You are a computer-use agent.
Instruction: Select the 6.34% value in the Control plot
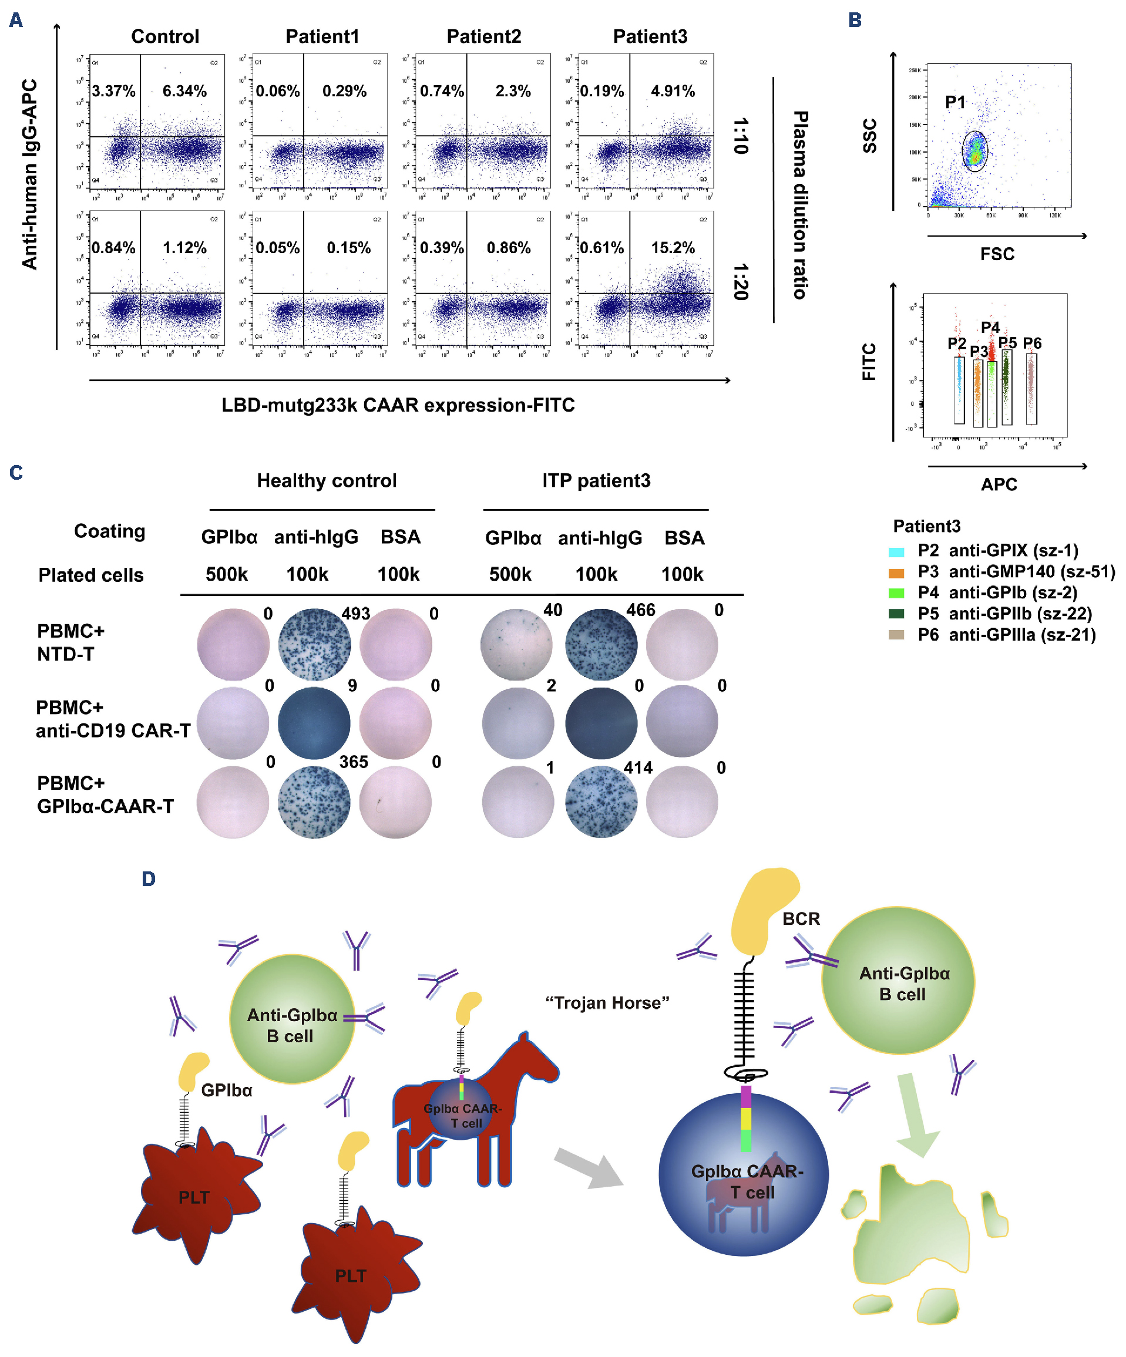(184, 91)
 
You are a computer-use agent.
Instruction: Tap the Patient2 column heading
(483, 36)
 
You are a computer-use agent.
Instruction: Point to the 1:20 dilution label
(741, 282)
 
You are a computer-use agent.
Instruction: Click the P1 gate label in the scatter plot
(954, 102)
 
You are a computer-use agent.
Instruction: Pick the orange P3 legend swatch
(896, 573)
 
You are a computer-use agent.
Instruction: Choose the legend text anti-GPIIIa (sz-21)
(1022, 635)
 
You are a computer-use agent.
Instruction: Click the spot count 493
(355, 613)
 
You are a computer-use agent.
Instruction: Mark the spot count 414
(638, 767)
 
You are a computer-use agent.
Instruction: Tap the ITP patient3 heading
(596, 481)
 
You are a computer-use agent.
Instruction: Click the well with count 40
(516, 644)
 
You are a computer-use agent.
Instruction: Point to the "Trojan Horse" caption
(607, 1003)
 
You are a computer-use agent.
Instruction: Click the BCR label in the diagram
(801, 918)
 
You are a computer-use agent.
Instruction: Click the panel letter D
(149, 879)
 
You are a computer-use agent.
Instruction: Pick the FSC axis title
(997, 254)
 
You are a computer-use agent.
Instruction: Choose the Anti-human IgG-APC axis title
(30, 174)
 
